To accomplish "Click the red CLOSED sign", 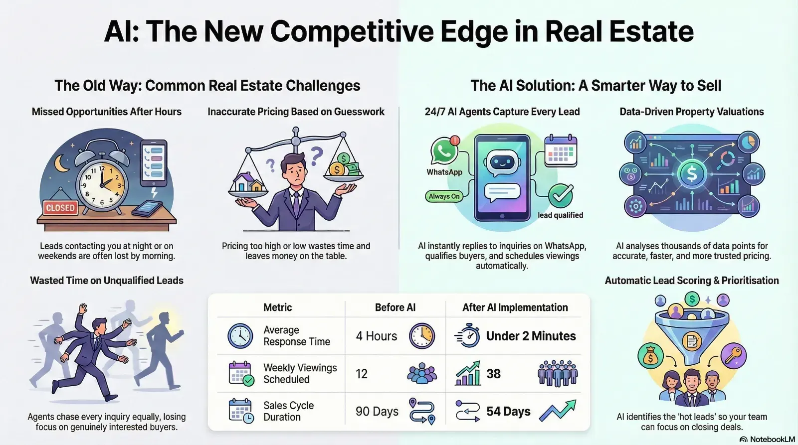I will click(x=60, y=207).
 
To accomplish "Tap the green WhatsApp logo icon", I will click(x=443, y=151).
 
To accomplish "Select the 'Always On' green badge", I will click(x=444, y=196).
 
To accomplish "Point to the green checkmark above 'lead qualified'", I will click(x=561, y=196).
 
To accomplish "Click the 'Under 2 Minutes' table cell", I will click(x=531, y=336).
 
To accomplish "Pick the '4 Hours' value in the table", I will click(x=377, y=336).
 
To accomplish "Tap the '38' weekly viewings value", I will click(x=493, y=374).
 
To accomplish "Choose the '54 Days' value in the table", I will click(x=508, y=411).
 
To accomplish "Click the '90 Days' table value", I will click(x=377, y=412).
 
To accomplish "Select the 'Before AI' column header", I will click(x=395, y=307).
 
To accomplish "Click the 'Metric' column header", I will click(x=277, y=307).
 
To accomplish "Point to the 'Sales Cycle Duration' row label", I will click(x=288, y=411).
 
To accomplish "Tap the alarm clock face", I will click(x=102, y=184).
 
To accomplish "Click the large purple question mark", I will click(x=316, y=156).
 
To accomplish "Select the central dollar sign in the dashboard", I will click(x=692, y=174).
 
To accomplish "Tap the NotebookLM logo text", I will click(x=772, y=439).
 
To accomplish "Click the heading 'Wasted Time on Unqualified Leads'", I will click(x=107, y=281).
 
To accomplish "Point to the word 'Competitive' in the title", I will click(x=352, y=31).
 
